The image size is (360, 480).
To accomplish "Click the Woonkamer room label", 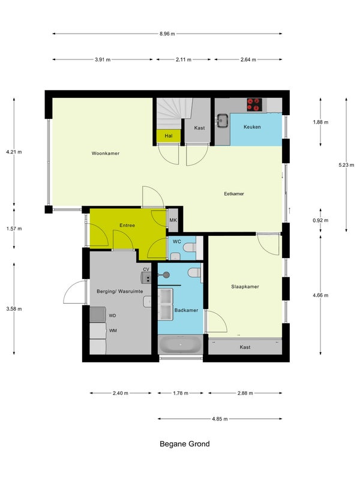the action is point(106,154).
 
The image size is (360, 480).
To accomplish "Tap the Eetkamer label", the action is point(234,194).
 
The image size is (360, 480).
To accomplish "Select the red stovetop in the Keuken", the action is point(254,104).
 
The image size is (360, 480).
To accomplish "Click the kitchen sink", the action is point(223,121).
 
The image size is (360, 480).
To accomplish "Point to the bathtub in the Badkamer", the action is point(181,344).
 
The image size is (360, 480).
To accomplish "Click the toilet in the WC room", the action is point(190,247).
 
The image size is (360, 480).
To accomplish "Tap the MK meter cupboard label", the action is point(173,220).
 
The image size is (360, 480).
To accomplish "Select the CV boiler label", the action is point(146,269).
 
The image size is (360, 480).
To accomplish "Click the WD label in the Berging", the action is point(112,316).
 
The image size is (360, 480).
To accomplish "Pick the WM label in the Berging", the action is point(113,331).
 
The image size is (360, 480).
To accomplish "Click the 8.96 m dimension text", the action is point(167,34).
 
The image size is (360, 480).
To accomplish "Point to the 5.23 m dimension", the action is point(346,165).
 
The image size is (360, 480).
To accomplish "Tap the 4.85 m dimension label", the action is point(220,419).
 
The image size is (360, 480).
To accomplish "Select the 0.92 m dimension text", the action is point(320,220).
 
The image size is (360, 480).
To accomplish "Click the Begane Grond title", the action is point(185,444).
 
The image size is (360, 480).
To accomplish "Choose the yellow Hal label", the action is point(169,136).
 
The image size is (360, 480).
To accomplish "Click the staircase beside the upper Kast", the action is point(175,113).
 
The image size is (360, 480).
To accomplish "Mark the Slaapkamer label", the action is point(245,287).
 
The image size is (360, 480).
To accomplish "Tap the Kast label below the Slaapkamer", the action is point(245,347).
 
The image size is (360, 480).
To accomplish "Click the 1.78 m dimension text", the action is point(181,393).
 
